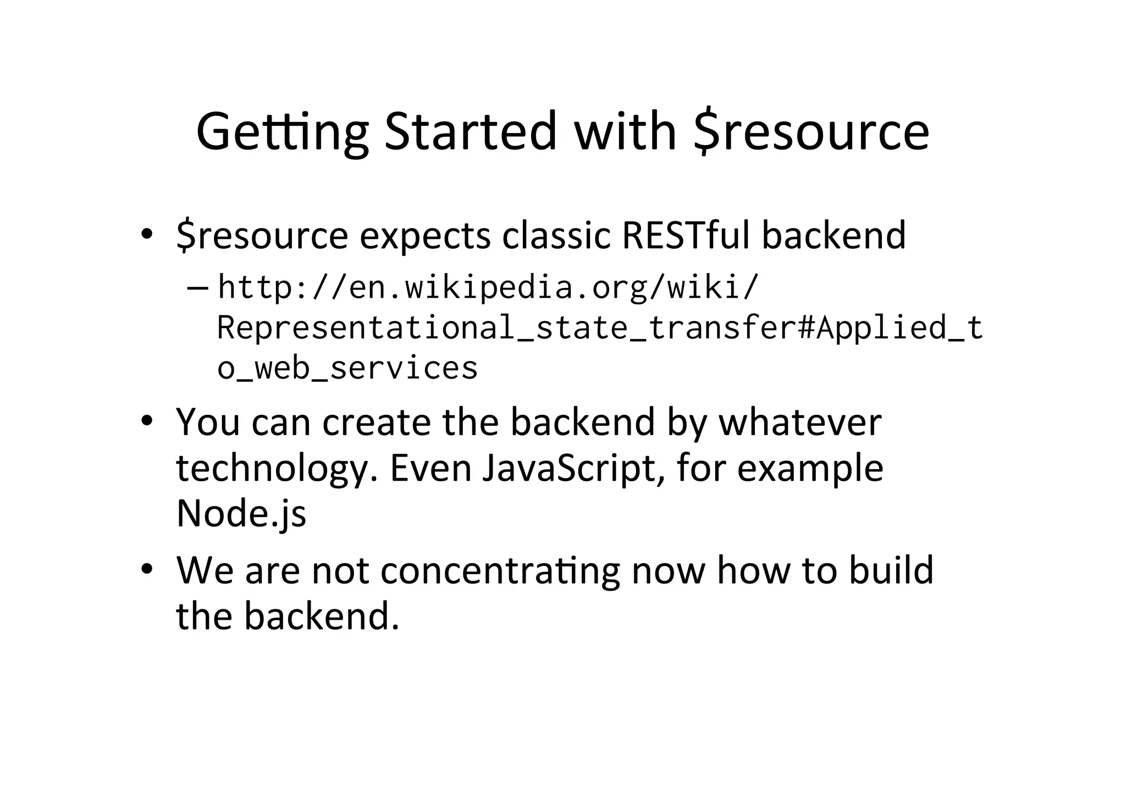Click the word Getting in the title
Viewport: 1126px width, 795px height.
(x=282, y=132)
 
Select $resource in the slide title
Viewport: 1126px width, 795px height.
(x=811, y=132)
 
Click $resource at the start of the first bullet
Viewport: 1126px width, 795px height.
(x=262, y=236)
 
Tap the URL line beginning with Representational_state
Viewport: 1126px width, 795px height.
(x=599, y=327)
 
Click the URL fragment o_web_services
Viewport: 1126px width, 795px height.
(x=347, y=368)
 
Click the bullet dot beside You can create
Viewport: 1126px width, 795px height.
(x=146, y=421)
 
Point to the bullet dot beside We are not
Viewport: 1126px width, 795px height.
(x=146, y=569)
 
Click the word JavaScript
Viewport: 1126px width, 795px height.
(x=571, y=469)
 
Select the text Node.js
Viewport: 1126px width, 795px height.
(x=241, y=514)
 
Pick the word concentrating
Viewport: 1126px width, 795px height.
(x=500, y=570)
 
